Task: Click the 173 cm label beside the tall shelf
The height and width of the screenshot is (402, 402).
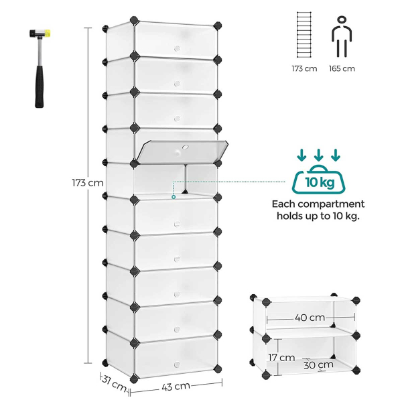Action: coord(88,182)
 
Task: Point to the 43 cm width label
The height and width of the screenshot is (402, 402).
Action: coord(176,387)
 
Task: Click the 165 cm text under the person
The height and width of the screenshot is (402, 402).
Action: coord(342,68)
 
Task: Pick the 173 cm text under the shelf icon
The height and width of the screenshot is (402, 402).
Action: coord(304,68)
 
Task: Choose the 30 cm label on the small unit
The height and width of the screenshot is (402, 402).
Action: coord(317,366)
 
